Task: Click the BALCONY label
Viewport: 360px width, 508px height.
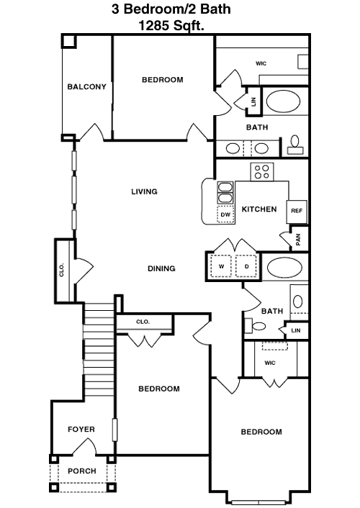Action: click(x=86, y=87)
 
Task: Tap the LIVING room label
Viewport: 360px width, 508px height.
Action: click(x=144, y=191)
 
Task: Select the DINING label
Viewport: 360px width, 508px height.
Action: click(x=161, y=268)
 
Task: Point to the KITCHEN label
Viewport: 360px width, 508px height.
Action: click(x=259, y=209)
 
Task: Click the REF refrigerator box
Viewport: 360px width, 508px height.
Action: click(x=297, y=212)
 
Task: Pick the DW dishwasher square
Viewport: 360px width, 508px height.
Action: click(x=225, y=214)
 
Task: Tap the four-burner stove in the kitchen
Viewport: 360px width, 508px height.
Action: click(x=262, y=172)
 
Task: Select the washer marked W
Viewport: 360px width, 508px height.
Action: click(x=221, y=266)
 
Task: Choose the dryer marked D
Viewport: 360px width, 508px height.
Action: click(x=246, y=266)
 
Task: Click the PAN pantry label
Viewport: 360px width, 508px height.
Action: click(x=298, y=240)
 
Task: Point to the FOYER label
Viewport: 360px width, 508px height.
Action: click(x=81, y=430)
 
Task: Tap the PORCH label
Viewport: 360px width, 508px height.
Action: click(x=82, y=471)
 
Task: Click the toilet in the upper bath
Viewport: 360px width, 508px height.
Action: click(x=294, y=145)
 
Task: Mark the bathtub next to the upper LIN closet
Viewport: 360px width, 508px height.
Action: click(x=283, y=101)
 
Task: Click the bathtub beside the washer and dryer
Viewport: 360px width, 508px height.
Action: click(x=284, y=268)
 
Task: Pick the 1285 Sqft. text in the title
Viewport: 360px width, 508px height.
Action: click(x=171, y=25)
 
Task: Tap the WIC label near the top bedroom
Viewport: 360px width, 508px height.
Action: click(x=261, y=63)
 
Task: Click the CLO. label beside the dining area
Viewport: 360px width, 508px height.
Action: click(x=62, y=270)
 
